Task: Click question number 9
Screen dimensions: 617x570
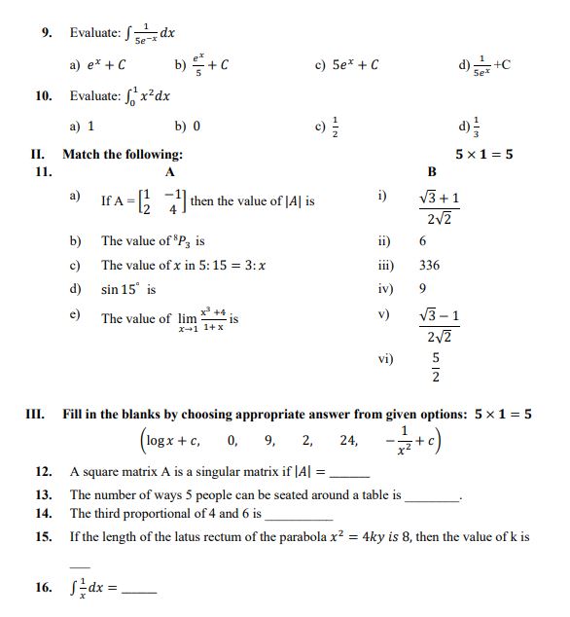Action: click(x=45, y=32)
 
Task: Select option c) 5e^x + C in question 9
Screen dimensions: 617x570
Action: click(x=346, y=65)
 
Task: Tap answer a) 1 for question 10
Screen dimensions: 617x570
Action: click(x=82, y=126)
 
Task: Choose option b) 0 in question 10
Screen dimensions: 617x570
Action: click(x=188, y=126)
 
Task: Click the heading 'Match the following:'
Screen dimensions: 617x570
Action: click(x=123, y=154)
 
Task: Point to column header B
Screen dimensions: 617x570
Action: click(x=432, y=171)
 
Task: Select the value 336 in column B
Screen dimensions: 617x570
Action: click(x=429, y=265)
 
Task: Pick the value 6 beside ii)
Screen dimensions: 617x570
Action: click(x=423, y=240)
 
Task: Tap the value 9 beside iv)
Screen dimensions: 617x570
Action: click(x=422, y=289)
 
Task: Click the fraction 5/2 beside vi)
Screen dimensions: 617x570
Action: click(x=436, y=367)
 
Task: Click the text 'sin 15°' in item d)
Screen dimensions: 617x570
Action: click(x=127, y=290)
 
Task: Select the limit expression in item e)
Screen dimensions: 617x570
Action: click(x=201, y=319)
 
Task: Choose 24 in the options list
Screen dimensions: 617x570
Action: click(x=347, y=440)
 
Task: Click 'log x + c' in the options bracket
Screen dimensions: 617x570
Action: click(x=174, y=440)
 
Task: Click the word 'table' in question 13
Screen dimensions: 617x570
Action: click(x=374, y=494)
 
